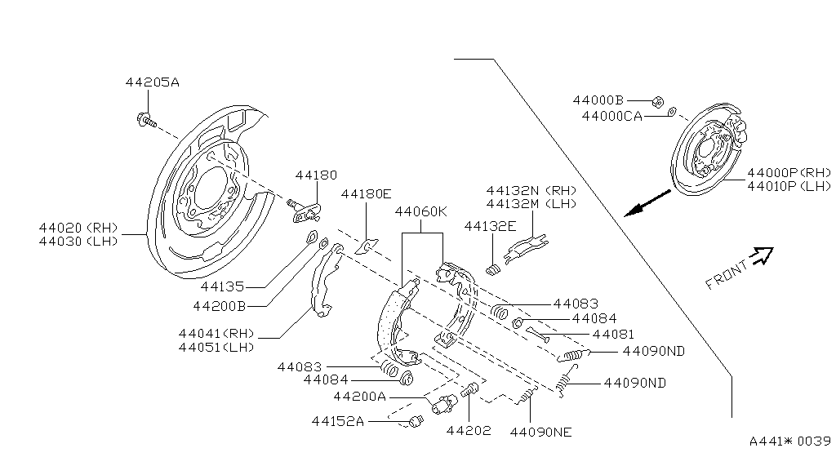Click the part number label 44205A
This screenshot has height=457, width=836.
(152, 82)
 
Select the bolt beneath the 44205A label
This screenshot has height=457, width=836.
(145, 120)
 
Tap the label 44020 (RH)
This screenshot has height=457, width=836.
(78, 228)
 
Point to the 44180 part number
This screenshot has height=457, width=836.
(316, 175)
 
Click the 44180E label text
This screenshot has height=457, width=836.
(366, 194)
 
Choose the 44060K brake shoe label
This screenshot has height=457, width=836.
(421, 211)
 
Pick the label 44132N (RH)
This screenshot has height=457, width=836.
(531, 189)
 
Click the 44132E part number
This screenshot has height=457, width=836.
(490, 225)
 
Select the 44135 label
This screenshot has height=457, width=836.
(222, 286)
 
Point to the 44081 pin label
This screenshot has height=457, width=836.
(612, 335)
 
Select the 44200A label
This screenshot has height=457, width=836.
(359, 397)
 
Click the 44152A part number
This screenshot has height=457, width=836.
(337, 421)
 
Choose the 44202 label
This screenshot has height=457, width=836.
(469, 431)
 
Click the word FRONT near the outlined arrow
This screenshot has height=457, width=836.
(726, 274)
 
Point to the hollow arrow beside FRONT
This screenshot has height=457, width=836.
(761, 256)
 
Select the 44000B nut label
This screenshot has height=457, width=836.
(598, 100)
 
